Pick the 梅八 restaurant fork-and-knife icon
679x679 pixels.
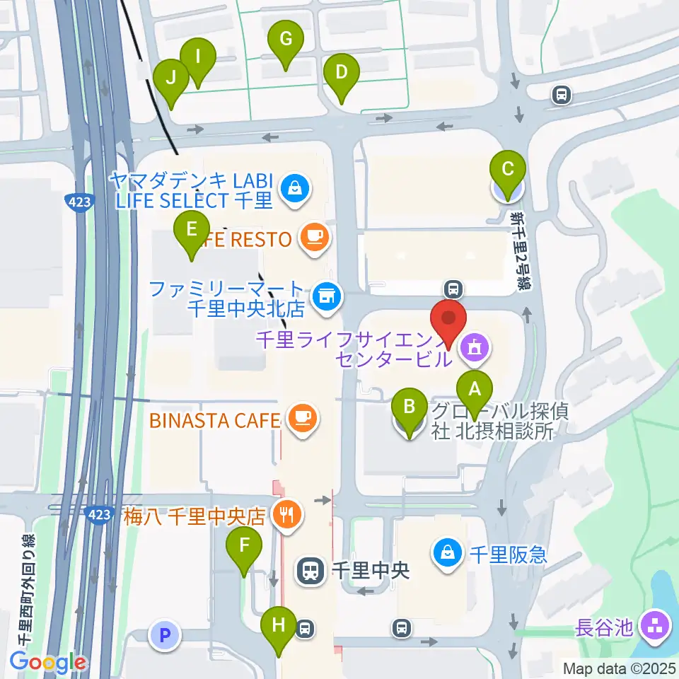click(286, 514)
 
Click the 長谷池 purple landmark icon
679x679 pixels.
click(655, 626)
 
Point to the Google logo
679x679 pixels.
click(47, 663)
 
